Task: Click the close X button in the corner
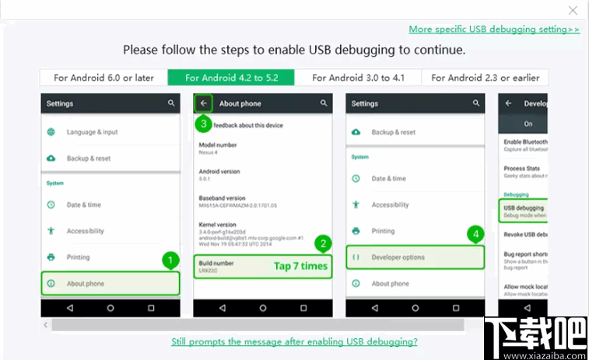pos(573,10)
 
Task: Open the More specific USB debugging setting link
pos(494,30)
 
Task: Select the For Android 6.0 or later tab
pos(103,78)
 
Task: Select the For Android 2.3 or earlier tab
pos(486,78)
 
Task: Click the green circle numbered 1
pos(171,260)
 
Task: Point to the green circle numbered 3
pos(203,123)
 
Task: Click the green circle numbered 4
pos(475,233)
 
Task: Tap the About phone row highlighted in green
pos(110,284)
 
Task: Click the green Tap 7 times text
pos(300,266)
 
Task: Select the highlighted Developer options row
pos(415,257)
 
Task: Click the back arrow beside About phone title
pos(204,103)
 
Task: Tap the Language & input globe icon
pos(51,132)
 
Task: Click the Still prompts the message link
pos(294,341)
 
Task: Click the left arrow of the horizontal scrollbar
pos(45,325)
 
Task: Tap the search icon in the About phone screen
pos(324,103)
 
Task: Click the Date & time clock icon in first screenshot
pos(51,204)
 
